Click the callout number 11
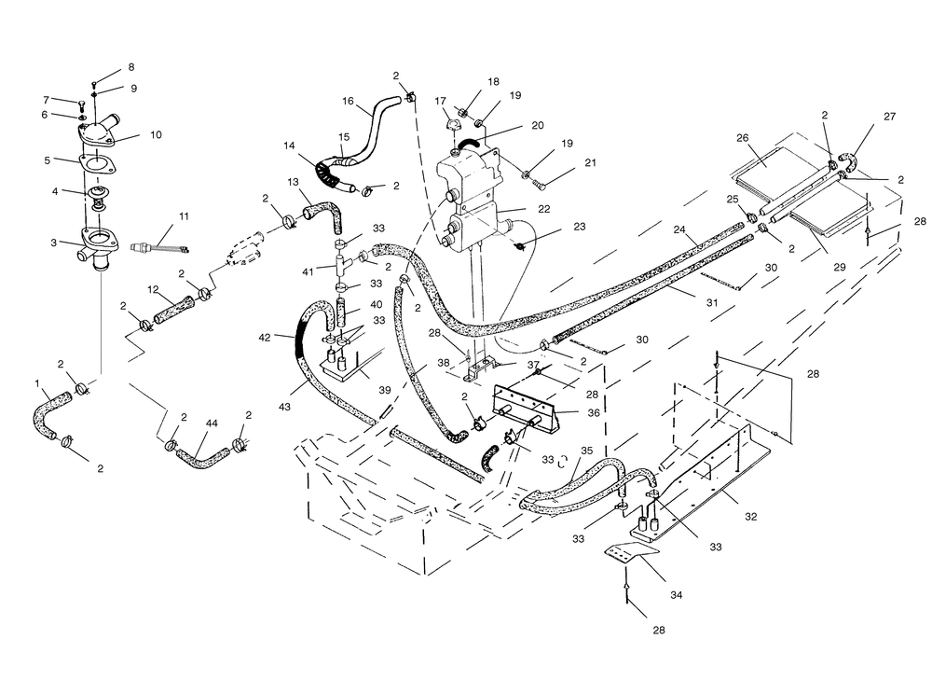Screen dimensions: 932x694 click(184, 215)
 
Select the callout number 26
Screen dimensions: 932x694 click(743, 137)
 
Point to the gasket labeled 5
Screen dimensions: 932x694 click(96, 163)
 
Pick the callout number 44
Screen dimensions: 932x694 click(211, 423)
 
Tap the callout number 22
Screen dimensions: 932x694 click(544, 209)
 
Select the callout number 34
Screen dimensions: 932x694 click(676, 595)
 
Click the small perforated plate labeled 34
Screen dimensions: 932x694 click(632, 553)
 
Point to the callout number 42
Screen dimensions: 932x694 click(265, 337)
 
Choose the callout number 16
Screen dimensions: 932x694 click(348, 101)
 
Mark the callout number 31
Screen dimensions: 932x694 click(711, 302)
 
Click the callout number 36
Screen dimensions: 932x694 click(593, 412)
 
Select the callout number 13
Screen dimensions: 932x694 click(293, 181)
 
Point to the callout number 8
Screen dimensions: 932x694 click(131, 67)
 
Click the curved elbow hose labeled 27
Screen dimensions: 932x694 click(844, 161)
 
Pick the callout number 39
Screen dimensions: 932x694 click(385, 390)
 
